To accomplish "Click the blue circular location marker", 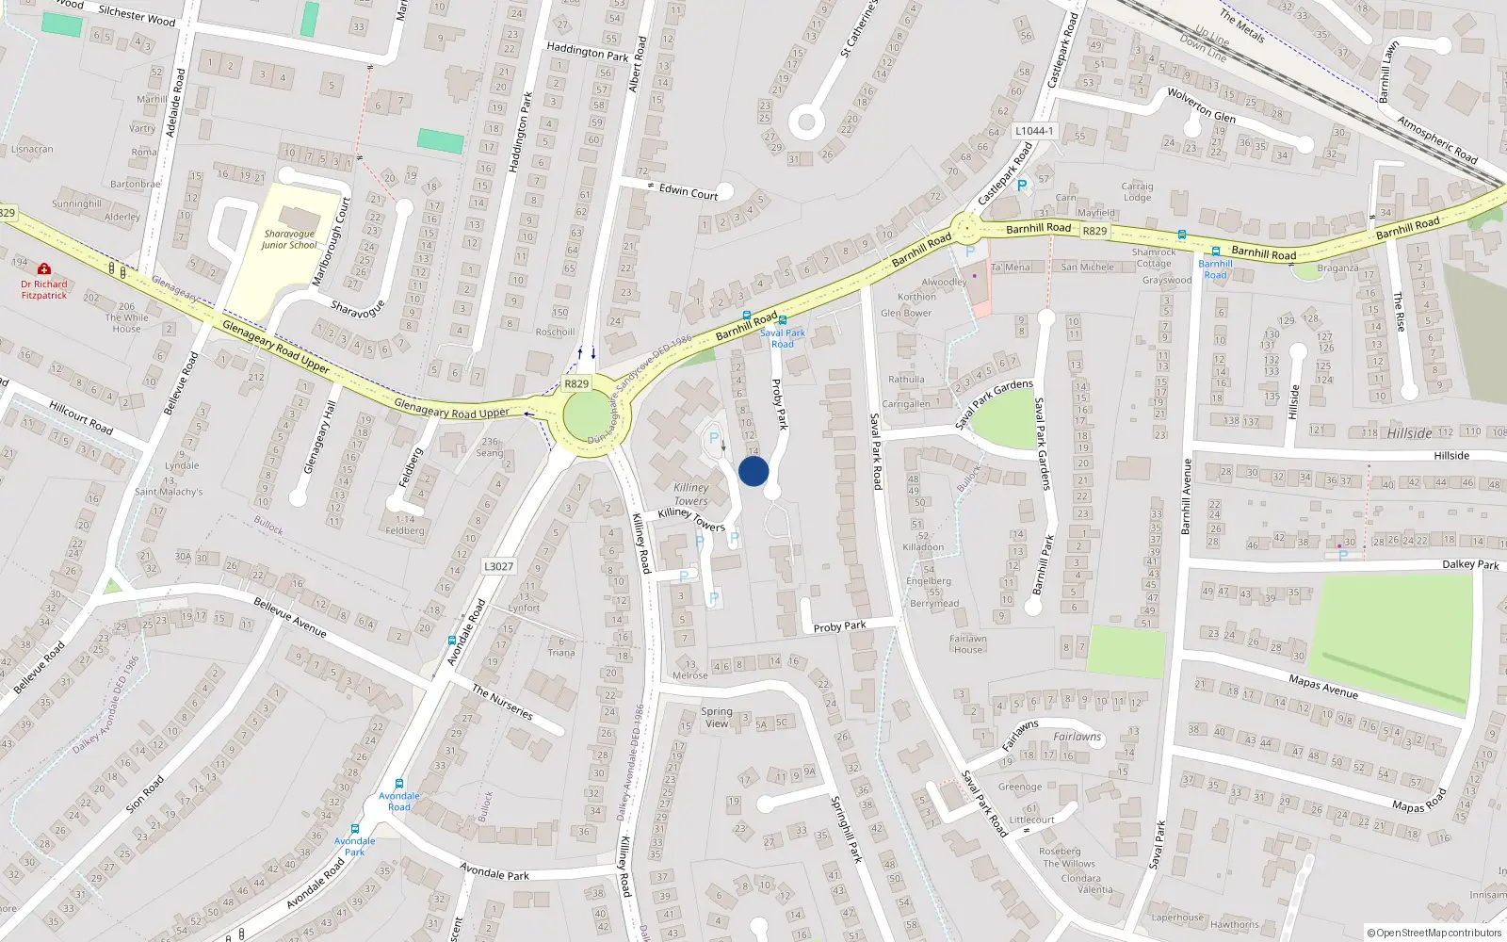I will (x=753, y=471).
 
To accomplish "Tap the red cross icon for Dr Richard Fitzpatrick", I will (x=43, y=269).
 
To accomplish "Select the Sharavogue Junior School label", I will (x=289, y=239).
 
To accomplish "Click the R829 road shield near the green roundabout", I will (x=576, y=383).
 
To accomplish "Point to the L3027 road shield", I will (x=498, y=566).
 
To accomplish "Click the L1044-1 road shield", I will (x=1034, y=131).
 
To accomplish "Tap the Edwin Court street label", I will (x=688, y=191).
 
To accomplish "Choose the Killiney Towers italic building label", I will (x=690, y=494).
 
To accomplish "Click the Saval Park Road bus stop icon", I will (x=783, y=320).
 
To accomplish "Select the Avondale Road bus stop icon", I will (x=399, y=784).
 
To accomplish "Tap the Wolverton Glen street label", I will (x=1201, y=106).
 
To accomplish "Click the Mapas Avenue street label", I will (x=1323, y=686).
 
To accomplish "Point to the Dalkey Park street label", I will (x=1470, y=564).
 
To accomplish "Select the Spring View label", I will (x=717, y=717).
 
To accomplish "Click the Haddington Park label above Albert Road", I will (x=587, y=52).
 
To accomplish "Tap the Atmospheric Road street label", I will (x=1436, y=138).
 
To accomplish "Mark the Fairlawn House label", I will (x=967, y=643).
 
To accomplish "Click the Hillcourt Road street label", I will (x=80, y=417).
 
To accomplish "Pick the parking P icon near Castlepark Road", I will (x=1022, y=187).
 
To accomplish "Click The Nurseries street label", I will (x=502, y=703).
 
